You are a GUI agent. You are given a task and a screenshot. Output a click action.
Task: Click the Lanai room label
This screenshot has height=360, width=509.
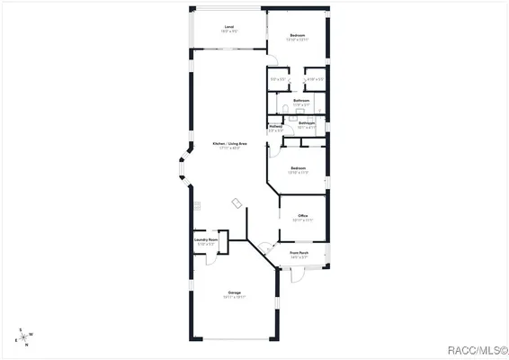pyautogui.click(x=229, y=27)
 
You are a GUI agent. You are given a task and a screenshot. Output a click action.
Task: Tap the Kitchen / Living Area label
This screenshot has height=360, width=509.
pyautogui.click(x=229, y=144)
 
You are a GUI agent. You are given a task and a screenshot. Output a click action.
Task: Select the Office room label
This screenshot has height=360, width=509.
pyautogui.click(x=290, y=216)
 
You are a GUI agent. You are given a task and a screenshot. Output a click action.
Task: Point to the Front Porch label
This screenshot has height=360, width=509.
pyautogui.click(x=299, y=253)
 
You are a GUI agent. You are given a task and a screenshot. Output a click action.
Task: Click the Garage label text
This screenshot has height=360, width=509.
pyautogui.click(x=234, y=292)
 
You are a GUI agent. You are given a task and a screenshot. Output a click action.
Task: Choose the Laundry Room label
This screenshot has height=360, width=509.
pyautogui.click(x=206, y=239)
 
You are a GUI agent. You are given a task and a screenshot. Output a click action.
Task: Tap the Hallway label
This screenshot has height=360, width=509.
pyautogui.click(x=275, y=126)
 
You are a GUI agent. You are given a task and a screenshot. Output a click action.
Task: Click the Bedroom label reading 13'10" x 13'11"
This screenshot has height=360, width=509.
pyautogui.click(x=297, y=35)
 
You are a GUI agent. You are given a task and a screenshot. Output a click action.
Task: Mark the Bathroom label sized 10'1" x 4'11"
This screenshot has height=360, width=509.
pyautogui.click(x=306, y=123)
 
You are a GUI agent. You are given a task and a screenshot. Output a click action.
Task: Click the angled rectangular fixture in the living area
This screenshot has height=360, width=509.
pyautogui.click(x=237, y=202)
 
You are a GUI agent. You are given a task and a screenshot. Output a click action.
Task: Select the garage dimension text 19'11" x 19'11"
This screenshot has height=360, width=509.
pyautogui.click(x=234, y=297)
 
